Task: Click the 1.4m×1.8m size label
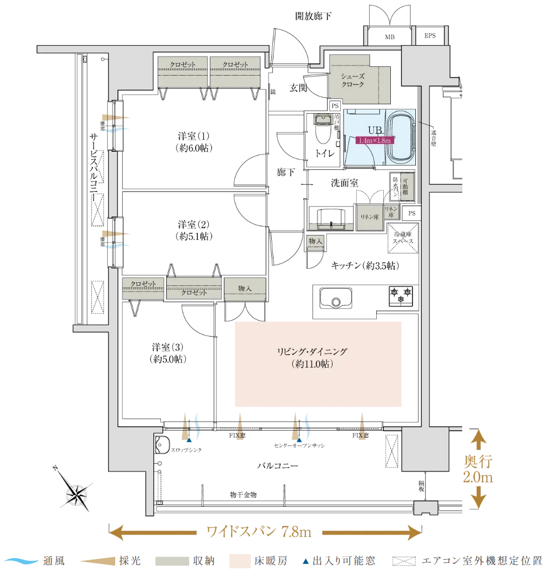(x=375, y=140)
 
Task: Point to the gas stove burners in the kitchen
(x=400, y=296)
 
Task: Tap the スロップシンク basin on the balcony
(x=164, y=445)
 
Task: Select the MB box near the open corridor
(x=389, y=37)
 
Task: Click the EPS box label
(x=431, y=37)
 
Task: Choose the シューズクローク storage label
(x=353, y=81)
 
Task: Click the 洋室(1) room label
(x=194, y=141)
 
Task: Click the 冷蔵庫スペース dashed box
(x=403, y=238)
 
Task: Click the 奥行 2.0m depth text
(x=478, y=470)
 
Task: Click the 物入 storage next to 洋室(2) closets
(x=245, y=288)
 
